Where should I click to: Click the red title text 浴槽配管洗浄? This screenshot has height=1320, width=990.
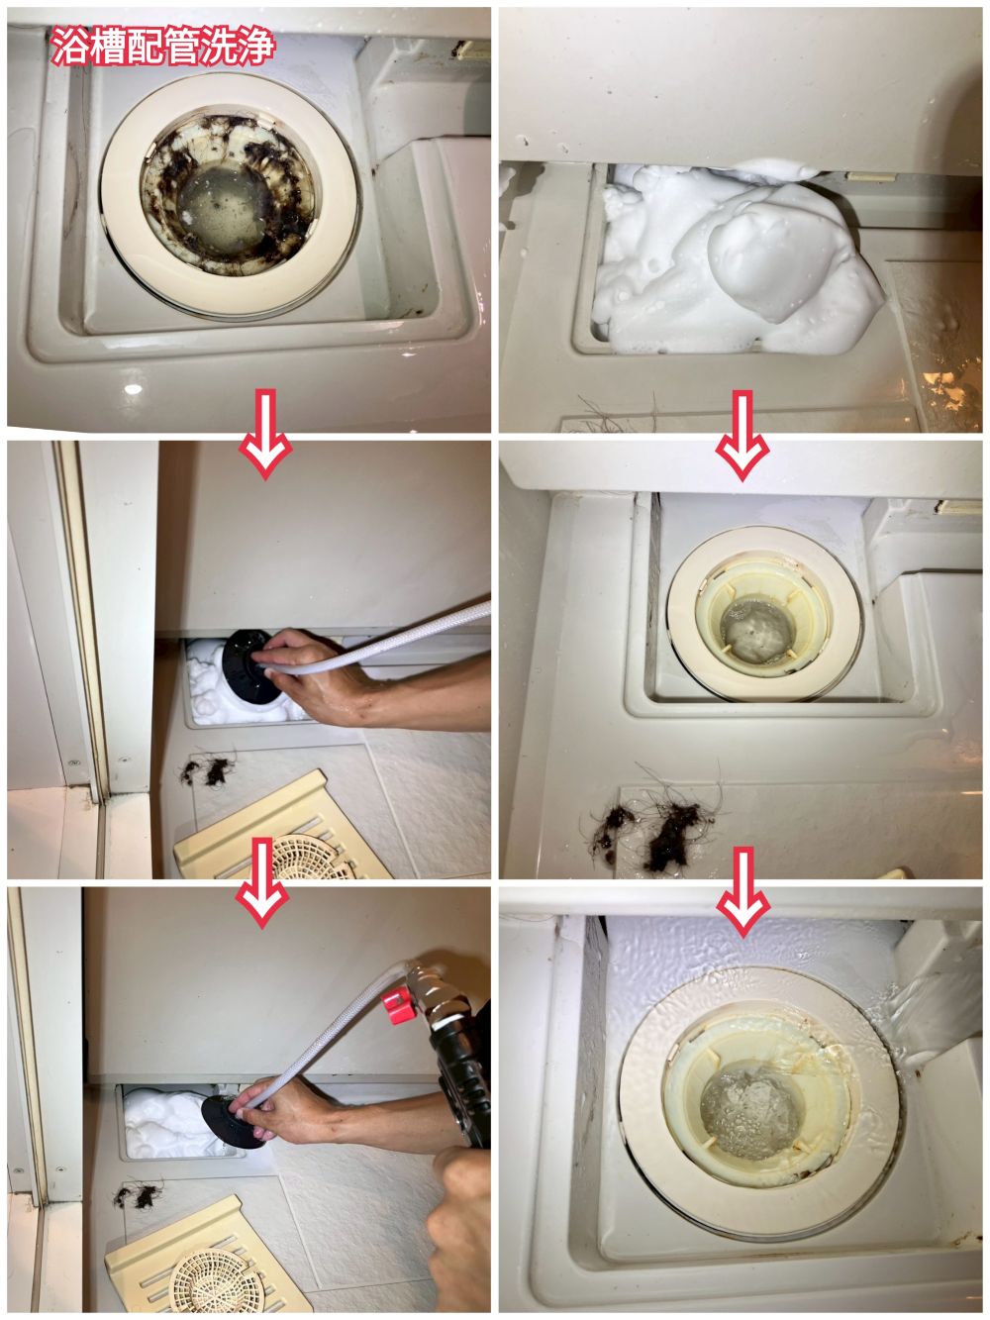coord(162,46)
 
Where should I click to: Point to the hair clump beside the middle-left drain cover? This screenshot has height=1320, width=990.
coord(206,770)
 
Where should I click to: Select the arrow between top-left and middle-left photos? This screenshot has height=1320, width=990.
coord(265,433)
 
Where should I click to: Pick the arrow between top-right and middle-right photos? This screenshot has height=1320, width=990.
coord(742,436)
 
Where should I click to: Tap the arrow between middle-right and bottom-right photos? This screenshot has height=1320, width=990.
coord(743,892)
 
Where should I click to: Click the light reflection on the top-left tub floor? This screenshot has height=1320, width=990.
coord(133,389)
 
